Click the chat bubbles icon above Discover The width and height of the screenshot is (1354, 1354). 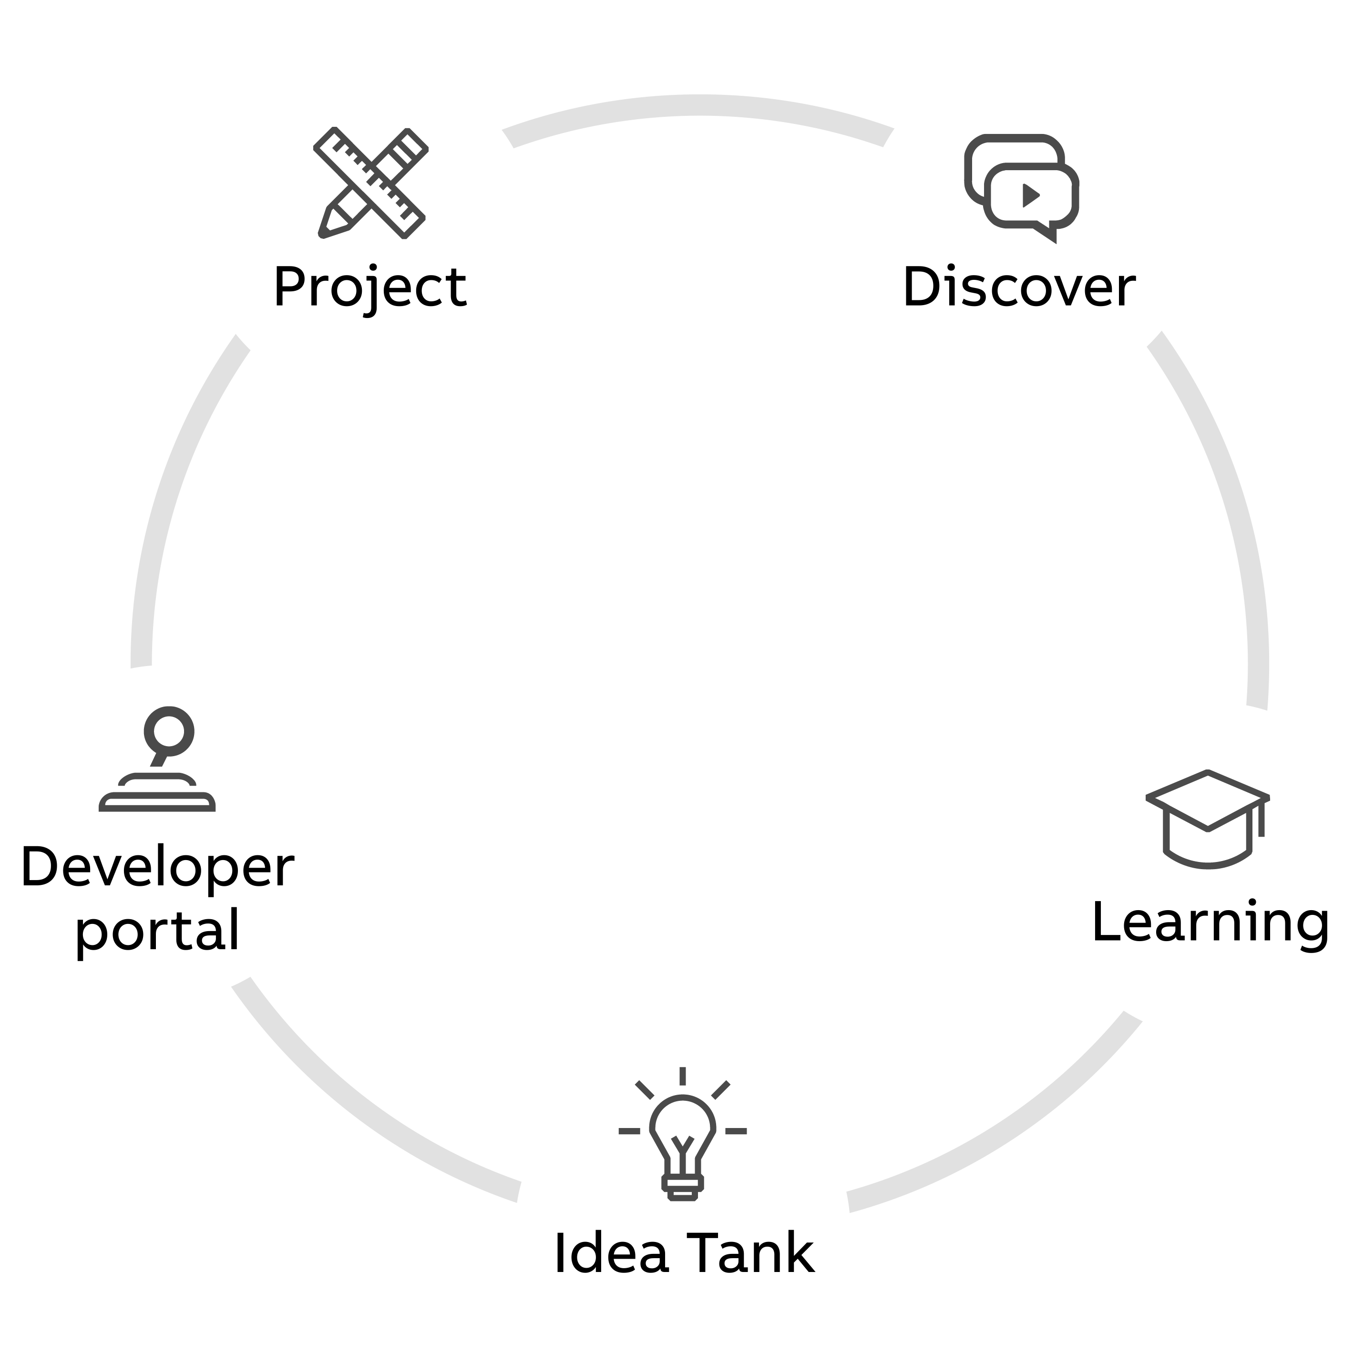1022,188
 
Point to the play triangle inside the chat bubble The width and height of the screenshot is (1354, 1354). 1030,195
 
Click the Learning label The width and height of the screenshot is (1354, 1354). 1211,923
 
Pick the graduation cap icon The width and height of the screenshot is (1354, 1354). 1208,819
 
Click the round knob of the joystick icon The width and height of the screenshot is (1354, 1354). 169,731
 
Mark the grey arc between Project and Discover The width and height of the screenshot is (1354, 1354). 698,105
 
